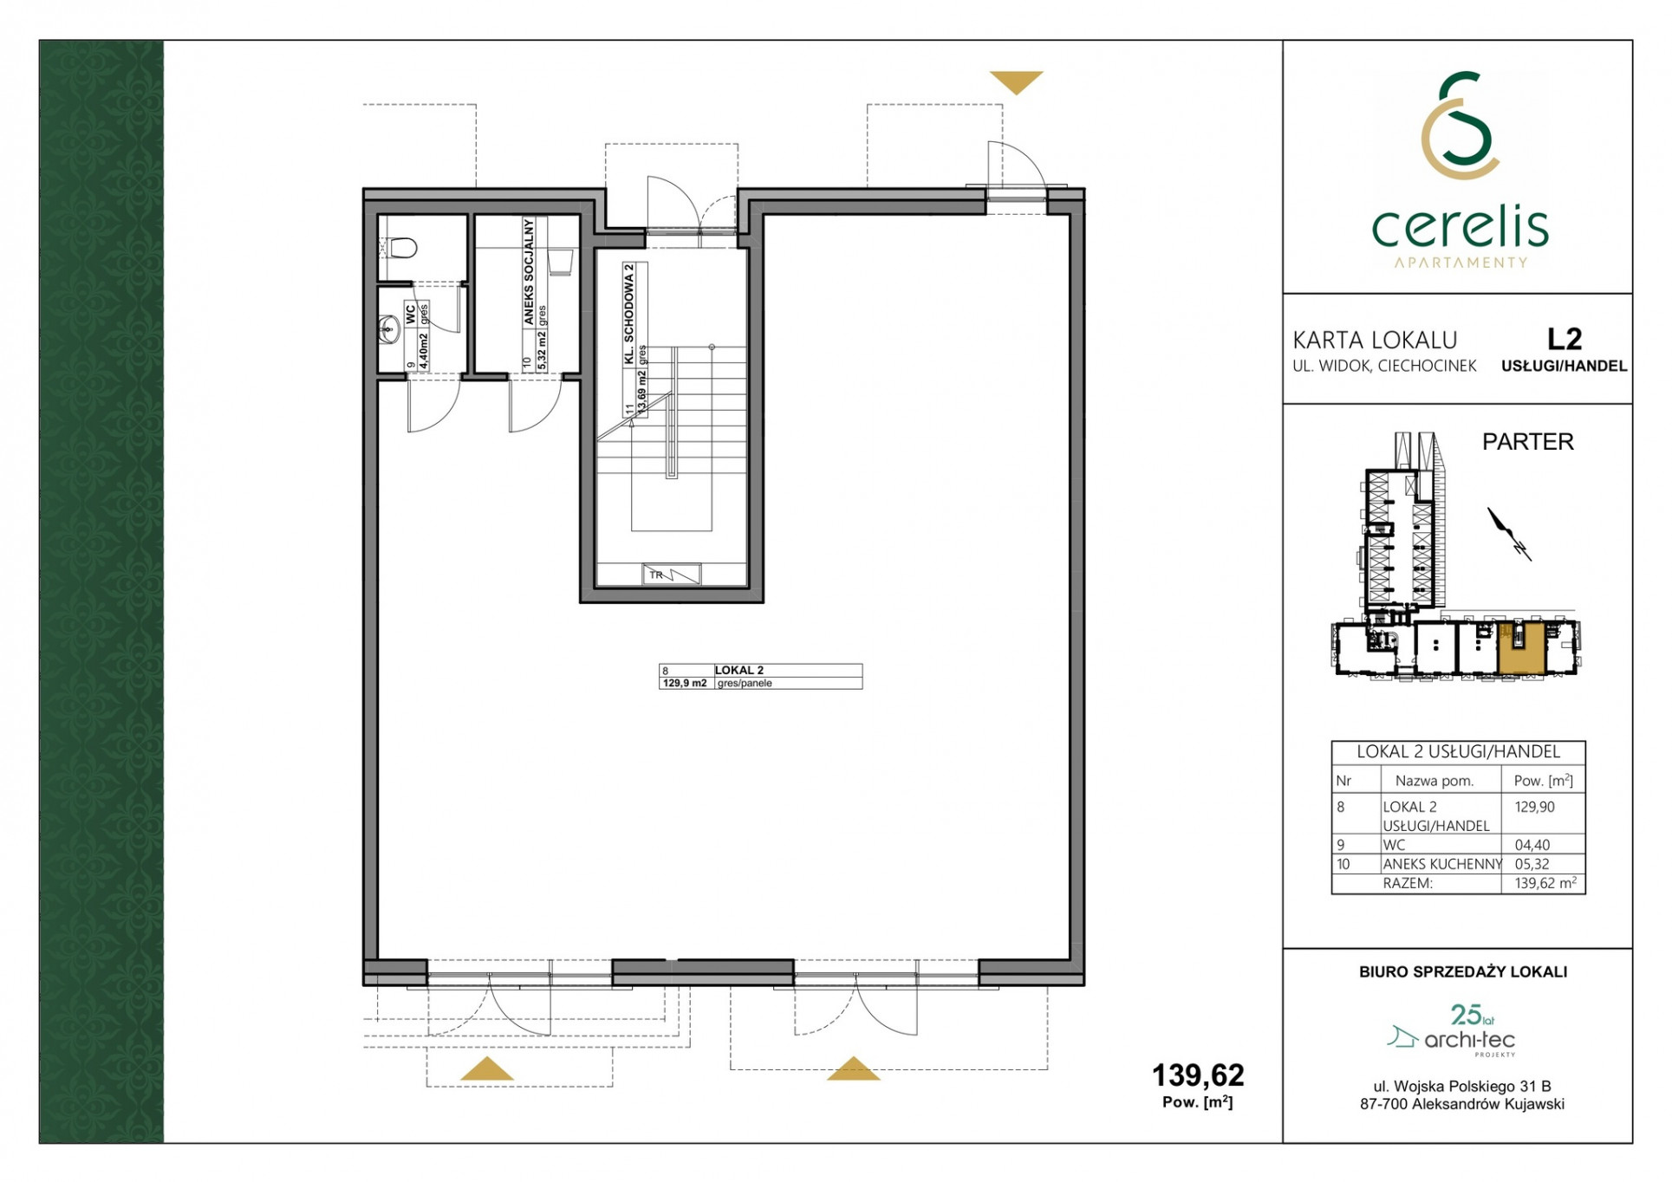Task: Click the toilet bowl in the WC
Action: [x=401, y=249]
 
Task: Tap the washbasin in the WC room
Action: [x=387, y=328]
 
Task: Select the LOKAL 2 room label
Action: [x=738, y=670]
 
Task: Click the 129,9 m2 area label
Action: [x=685, y=683]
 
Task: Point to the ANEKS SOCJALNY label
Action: [x=528, y=271]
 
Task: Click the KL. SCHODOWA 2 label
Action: [x=629, y=314]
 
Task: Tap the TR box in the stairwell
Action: [x=671, y=575]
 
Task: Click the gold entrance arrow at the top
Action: [x=1016, y=81]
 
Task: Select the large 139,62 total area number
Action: [x=1197, y=1075]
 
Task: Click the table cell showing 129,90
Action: [x=1534, y=807]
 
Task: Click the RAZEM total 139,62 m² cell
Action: [x=1545, y=883]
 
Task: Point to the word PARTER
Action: [x=1527, y=442]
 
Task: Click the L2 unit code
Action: [x=1565, y=338]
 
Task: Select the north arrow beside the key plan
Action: [x=1509, y=534]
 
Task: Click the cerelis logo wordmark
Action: [x=1461, y=227]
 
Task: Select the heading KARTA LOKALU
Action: [x=1375, y=341]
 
